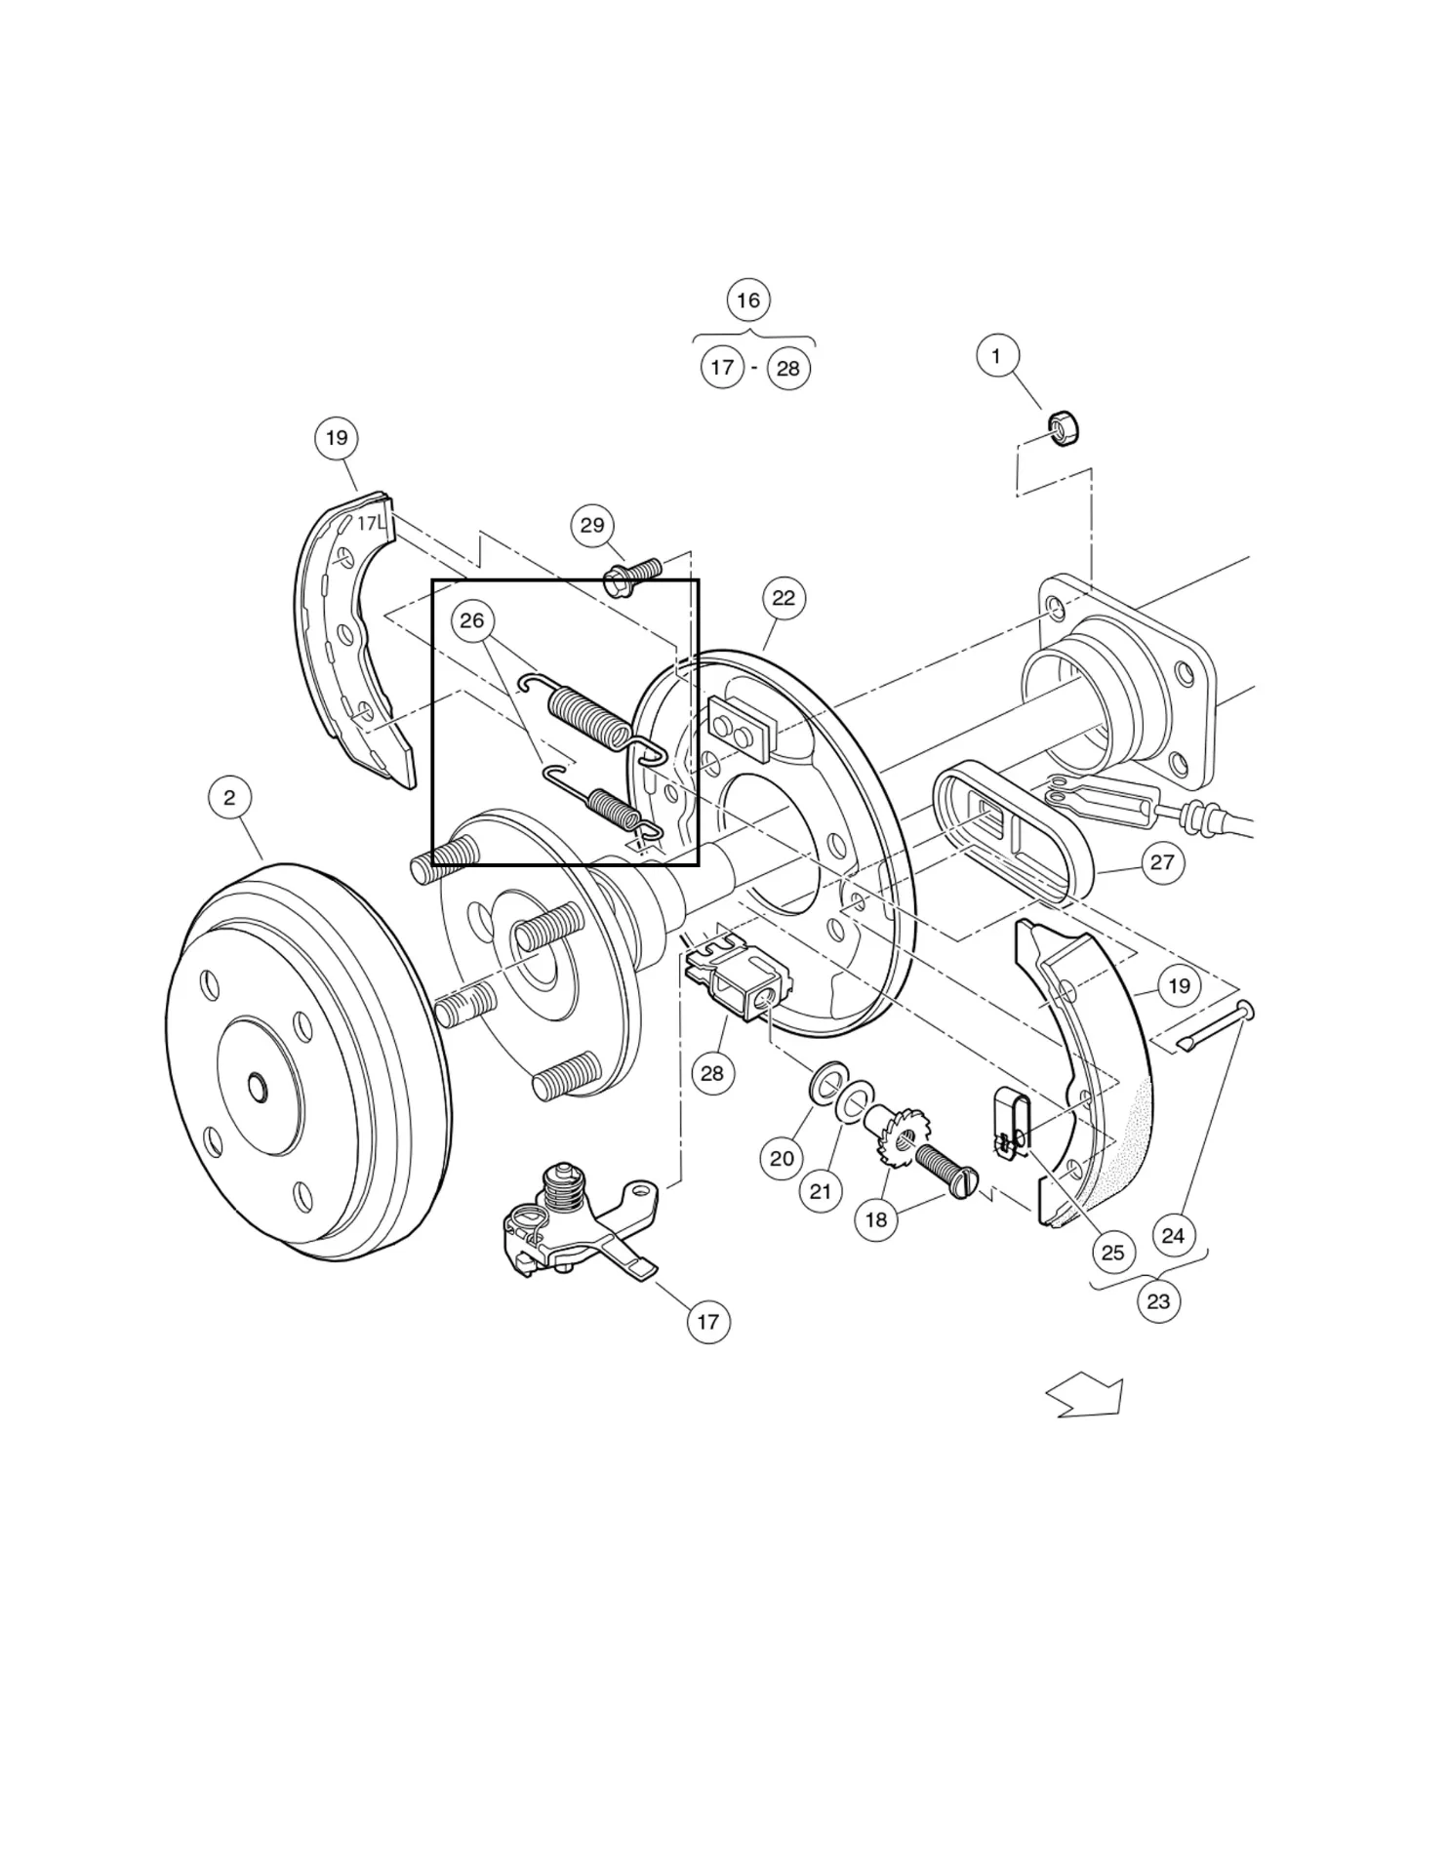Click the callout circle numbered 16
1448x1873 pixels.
click(x=748, y=300)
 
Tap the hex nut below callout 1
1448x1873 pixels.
click(x=1063, y=428)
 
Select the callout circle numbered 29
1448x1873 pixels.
click(x=592, y=526)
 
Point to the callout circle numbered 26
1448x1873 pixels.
click(x=472, y=621)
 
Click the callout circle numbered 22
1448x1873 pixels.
click(x=784, y=599)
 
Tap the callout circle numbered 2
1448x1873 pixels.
click(x=229, y=798)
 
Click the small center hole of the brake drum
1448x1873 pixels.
click(x=257, y=1086)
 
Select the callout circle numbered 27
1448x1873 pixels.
click(x=1162, y=862)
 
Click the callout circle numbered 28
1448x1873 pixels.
click(x=712, y=1074)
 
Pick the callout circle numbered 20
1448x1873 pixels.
click(x=782, y=1159)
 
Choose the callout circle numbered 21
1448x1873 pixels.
click(x=821, y=1191)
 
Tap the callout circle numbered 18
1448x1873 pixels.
click(x=876, y=1220)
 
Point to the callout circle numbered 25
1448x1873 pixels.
click(x=1112, y=1253)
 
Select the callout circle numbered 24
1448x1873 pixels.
click(x=1173, y=1236)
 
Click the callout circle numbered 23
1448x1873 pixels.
click(x=1158, y=1301)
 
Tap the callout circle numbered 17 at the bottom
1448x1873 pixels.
click(x=708, y=1323)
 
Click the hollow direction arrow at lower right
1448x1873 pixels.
click(x=1088, y=1397)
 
